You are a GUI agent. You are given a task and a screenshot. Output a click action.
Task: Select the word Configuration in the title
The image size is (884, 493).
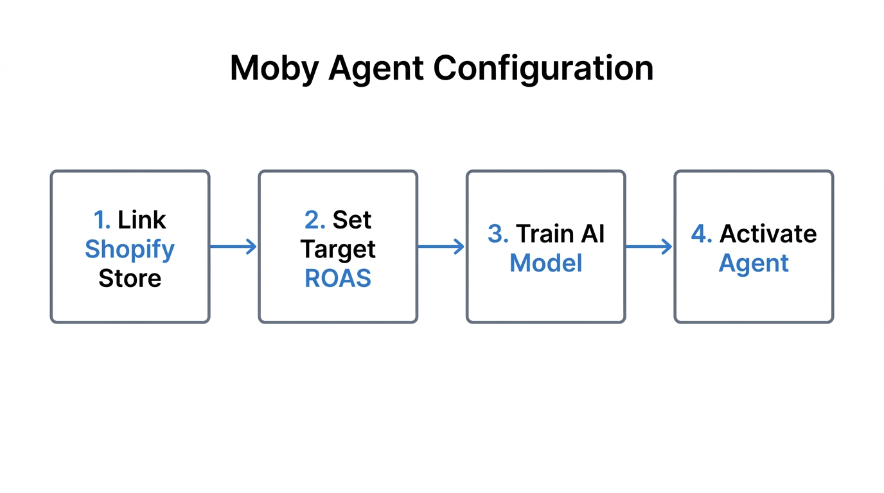click(543, 68)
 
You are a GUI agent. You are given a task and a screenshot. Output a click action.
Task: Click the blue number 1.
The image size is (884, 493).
click(102, 220)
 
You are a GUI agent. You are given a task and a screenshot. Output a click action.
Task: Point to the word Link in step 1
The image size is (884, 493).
click(141, 220)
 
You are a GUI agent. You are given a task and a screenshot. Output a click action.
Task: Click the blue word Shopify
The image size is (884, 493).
click(130, 249)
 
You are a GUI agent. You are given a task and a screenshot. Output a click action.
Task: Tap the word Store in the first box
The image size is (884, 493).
click(130, 279)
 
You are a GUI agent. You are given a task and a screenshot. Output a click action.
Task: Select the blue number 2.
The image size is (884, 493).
click(314, 220)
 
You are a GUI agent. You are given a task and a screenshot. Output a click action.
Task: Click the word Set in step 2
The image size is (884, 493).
click(351, 220)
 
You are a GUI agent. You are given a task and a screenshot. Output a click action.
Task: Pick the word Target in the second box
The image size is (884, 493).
click(338, 249)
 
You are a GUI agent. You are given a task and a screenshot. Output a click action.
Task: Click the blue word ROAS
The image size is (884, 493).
click(338, 279)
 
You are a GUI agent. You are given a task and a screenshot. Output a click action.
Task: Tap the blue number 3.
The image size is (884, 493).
click(498, 234)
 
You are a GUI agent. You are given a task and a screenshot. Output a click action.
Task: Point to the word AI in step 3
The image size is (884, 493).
click(591, 234)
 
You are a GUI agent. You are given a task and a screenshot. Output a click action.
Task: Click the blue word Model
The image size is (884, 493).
click(546, 263)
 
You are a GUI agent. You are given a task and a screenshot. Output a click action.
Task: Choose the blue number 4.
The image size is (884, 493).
click(702, 234)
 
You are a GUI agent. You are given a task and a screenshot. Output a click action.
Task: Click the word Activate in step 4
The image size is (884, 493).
click(768, 234)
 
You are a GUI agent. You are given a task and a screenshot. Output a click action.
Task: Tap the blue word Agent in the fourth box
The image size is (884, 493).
click(754, 263)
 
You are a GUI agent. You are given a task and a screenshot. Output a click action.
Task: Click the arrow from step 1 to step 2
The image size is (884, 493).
click(233, 246)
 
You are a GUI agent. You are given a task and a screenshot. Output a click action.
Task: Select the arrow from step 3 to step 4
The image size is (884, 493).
click(649, 246)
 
